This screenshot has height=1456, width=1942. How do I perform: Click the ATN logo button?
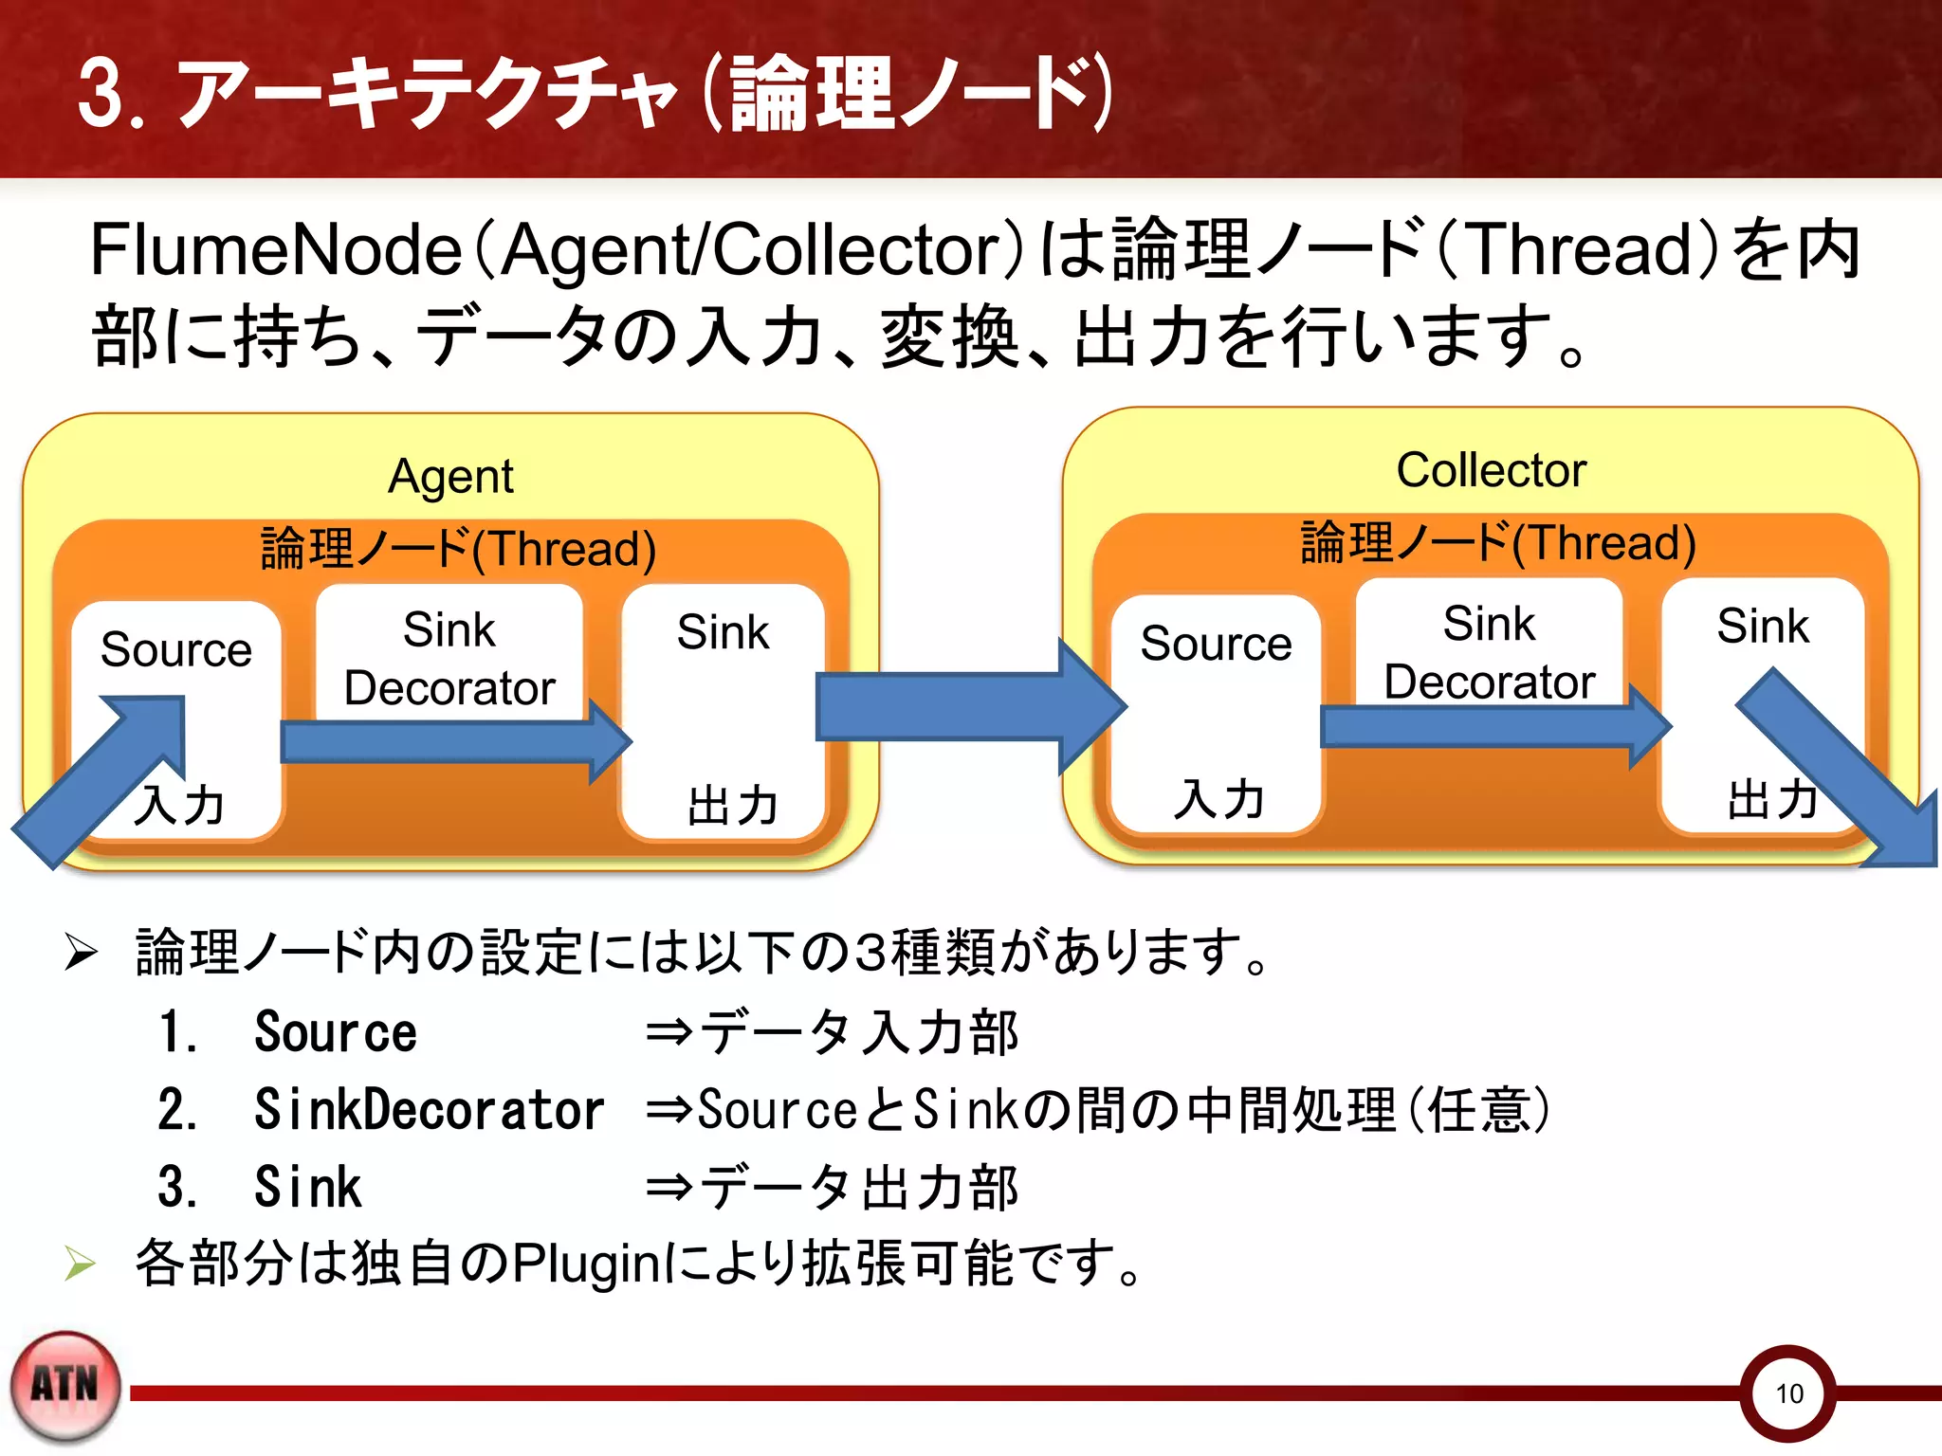tap(65, 1386)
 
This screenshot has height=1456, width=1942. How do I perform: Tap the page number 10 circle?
tap(1787, 1392)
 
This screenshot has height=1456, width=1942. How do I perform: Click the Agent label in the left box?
tap(450, 476)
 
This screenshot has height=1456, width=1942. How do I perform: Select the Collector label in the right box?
tap(1491, 470)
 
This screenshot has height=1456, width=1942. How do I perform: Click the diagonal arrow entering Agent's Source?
tap(104, 777)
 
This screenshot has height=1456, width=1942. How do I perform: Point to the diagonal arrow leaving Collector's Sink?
tap(1840, 768)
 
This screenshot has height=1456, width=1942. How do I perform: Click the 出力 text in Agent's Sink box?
tap(732, 806)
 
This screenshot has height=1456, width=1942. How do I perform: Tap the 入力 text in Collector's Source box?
tap(1218, 799)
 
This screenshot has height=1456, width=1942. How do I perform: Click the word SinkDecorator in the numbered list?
tap(429, 1110)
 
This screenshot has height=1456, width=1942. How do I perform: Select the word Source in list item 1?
tap(336, 1032)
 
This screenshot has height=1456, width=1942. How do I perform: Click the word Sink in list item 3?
tap(308, 1188)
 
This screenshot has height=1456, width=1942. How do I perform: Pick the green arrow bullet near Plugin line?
tap(81, 1264)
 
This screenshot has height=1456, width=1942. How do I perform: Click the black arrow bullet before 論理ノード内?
tap(81, 952)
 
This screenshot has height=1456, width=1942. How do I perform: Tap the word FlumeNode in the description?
tap(275, 250)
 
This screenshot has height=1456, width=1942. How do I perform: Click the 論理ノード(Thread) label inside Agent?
tap(458, 549)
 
